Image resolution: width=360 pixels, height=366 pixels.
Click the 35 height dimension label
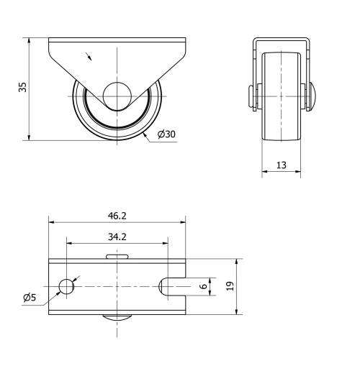click(x=22, y=88)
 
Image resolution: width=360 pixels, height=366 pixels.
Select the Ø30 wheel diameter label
click(x=166, y=134)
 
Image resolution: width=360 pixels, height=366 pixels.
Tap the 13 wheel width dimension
click(x=281, y=165)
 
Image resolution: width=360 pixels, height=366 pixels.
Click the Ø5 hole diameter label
click(x=30, y=297)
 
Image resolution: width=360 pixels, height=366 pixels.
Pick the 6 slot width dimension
click(x=203, y=286)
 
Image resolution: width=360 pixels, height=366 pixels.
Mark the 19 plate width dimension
click(x=230, y=286)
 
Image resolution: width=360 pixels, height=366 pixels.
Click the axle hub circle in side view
click(x=116, y=96)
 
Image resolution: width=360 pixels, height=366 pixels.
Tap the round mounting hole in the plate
click(x=66, y=286)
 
